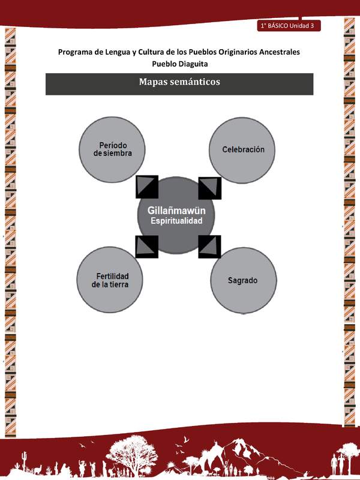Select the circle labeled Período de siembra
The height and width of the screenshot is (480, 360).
pyautogui.click(x=113, y=149)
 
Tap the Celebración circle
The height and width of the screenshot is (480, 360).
pyautogui.click(x=243, y=149)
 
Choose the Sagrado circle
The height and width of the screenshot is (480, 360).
pyautogui.click(x=243, y=280)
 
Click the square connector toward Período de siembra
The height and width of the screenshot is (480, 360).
pyautogui.click(x=147, y=187)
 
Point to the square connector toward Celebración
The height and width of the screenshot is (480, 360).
pyautogui.click(x=209, y=187)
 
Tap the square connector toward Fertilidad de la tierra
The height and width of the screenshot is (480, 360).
pyautogui.click(x=147, y=246)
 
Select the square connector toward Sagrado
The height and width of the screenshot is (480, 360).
pyautogui.click(x=209, y=246)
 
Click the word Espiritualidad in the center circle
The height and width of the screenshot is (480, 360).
pyautogui.click(x=176, y=221)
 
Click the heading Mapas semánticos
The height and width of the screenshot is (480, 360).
pyautogui.click(x=179, y=82)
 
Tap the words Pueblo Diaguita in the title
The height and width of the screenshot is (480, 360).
pyautogui.click(x=179, y=64)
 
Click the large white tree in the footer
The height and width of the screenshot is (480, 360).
pyautogui.click(x=142, y=451)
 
